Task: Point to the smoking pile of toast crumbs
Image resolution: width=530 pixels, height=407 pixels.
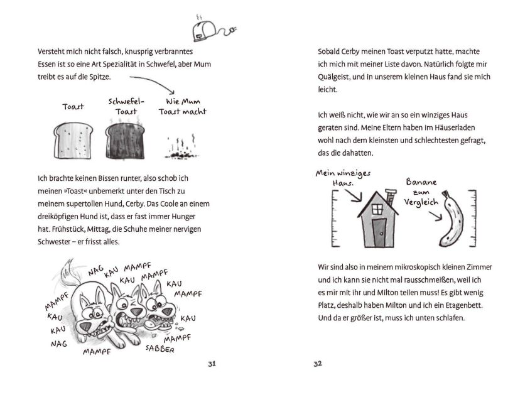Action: coord(178,149)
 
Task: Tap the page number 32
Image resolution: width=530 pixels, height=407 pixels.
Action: coord(318,364)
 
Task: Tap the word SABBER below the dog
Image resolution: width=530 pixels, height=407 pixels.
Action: coord(160,348)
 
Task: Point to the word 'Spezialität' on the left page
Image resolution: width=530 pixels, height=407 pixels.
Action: coord(105,64)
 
